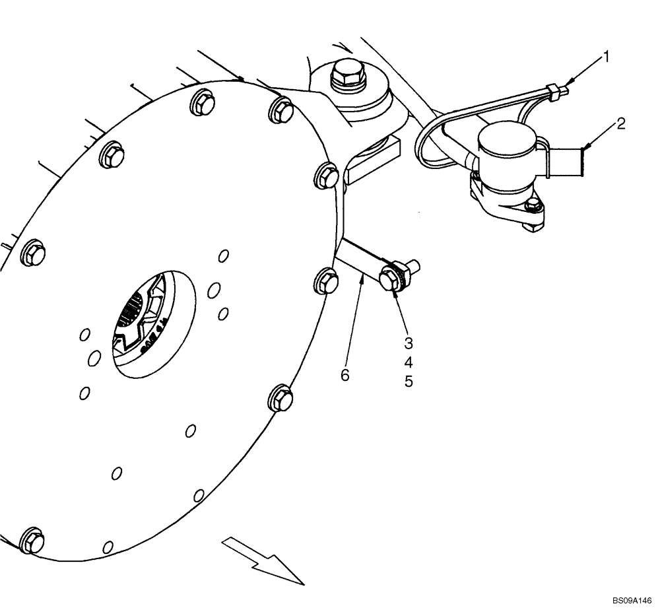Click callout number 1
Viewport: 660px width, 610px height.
click(x=606, y=57)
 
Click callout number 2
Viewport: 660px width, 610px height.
click(x=621, y=123)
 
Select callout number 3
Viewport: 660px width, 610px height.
click(x=409, y=343)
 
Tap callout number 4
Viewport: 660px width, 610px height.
click(x=409, y=362)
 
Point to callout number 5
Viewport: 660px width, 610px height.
click(x=409, y=382)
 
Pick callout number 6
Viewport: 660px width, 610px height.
click(x=345, y=375)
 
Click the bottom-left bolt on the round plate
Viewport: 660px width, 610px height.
click(x=32, y=542)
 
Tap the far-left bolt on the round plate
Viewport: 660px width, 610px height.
click(x=32, y=254)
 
